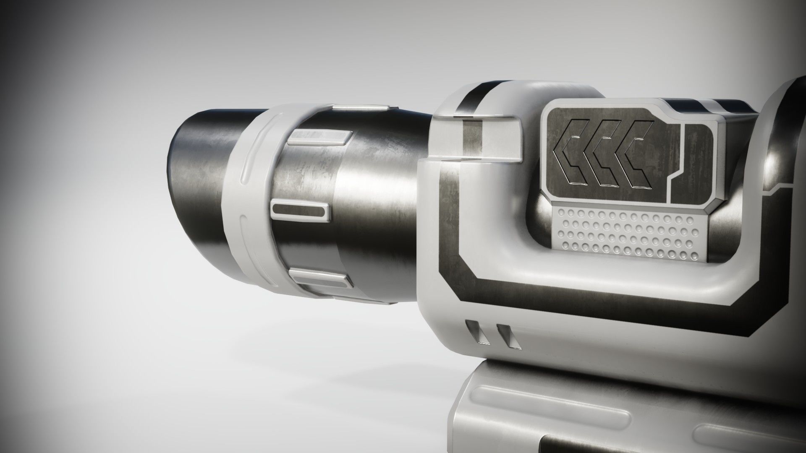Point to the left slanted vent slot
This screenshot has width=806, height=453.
[474, 334]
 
